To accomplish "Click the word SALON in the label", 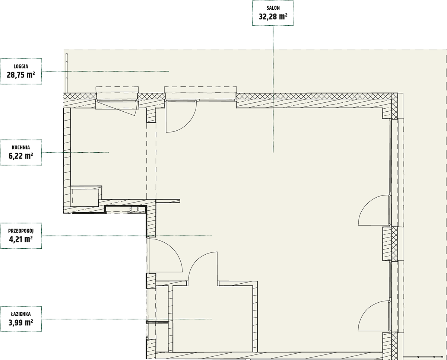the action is click(x=273, y=8).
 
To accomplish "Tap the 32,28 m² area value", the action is click(x=273, y=17).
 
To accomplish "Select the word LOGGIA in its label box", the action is click(x=21, y=67).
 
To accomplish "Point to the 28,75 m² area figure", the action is click(x=21, y=75).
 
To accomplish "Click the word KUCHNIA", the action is click(x=21, y=148).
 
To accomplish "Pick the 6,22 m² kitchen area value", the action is click(x=21, y=156).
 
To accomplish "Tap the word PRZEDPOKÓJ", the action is click(x=21, y=231).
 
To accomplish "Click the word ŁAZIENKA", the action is click(x=21, y=314).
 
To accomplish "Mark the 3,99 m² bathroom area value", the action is click(x=21, y=323).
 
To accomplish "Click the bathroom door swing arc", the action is click(x=196, y=261).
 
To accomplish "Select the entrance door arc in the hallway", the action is click(x=172, y=248).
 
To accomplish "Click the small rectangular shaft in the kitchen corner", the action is click(x=85, y=198).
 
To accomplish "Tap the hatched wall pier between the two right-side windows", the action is click(x=390, y=244).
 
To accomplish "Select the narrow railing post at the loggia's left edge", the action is click(x=67, y=73).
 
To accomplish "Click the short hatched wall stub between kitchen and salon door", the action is click(x=152, y=115).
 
